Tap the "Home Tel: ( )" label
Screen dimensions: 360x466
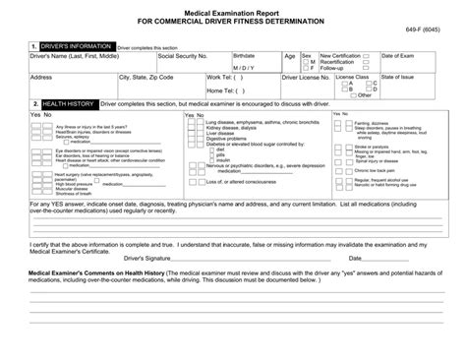coord(227,90)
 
